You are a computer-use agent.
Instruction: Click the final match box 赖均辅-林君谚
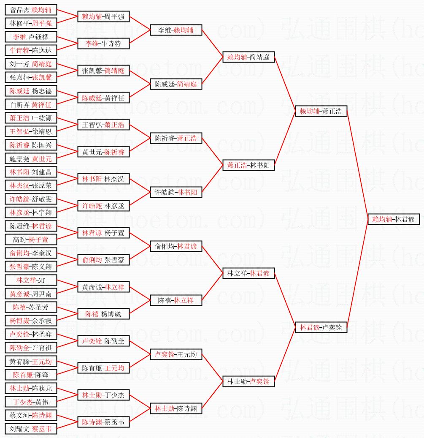[x=393, y=219]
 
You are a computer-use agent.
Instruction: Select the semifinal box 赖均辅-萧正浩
[x=321, y=112]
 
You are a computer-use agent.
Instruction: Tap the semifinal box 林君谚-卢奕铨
[x=321, y=327]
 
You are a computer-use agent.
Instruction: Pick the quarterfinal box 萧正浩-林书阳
[x=248, y=165]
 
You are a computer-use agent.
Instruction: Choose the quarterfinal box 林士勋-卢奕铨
[x=248, y=381]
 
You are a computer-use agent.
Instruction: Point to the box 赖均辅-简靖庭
[x=248, y=57]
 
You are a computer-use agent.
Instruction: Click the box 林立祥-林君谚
[x=248, y=273]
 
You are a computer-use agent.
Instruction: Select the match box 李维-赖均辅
[x=176, y=30]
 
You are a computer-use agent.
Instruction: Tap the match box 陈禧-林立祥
[x=176, y=300]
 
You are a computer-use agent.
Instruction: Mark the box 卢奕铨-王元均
[x=176, y=354]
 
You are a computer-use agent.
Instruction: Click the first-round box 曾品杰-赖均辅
[x=31, y=10]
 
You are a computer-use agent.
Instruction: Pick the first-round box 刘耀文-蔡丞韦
[x=31, y=429]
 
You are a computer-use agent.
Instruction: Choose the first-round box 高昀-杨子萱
[x=31, y=239]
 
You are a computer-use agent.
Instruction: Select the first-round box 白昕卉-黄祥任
[x=31, y=104]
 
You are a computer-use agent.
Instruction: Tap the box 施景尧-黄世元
[x=31, y=158]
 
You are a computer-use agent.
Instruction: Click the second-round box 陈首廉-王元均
[x=103, y=368]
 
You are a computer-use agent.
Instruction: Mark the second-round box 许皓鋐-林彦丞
[x=103, y=206]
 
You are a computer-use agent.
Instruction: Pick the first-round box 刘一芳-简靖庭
[x=31, y=64]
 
